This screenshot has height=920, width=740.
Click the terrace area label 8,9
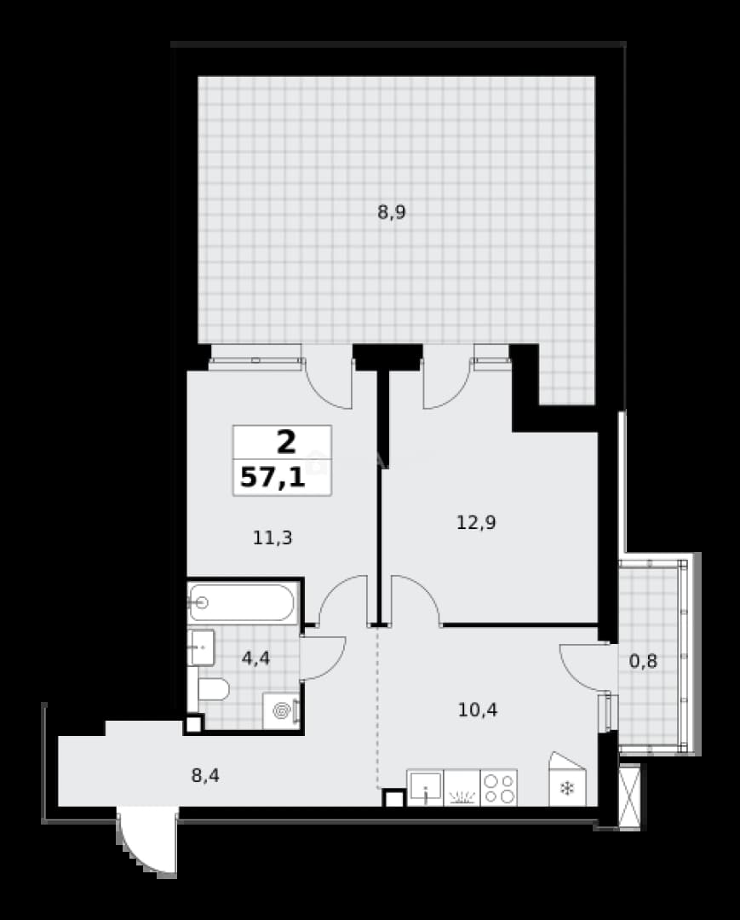click(392, 212)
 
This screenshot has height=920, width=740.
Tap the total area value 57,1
click(272, 478)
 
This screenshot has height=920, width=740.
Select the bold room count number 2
click(286, 442)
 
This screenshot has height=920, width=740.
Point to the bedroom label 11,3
click(272, 538)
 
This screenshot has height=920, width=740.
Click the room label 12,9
click(476, 521)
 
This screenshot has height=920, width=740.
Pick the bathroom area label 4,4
click(256, 658)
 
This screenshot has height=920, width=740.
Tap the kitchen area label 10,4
click(478, 710)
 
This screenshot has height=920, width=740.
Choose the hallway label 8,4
click(205, 776)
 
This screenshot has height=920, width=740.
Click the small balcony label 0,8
click(643, 662)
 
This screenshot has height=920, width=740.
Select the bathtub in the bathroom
click(242, 602)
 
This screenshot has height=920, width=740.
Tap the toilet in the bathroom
click(211, 689)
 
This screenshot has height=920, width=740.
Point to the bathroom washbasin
click(201, 647)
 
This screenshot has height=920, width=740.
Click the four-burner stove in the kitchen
click(499, 787)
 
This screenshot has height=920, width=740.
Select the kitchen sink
click(425, 787)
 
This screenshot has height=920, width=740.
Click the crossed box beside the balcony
click(629, 796)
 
